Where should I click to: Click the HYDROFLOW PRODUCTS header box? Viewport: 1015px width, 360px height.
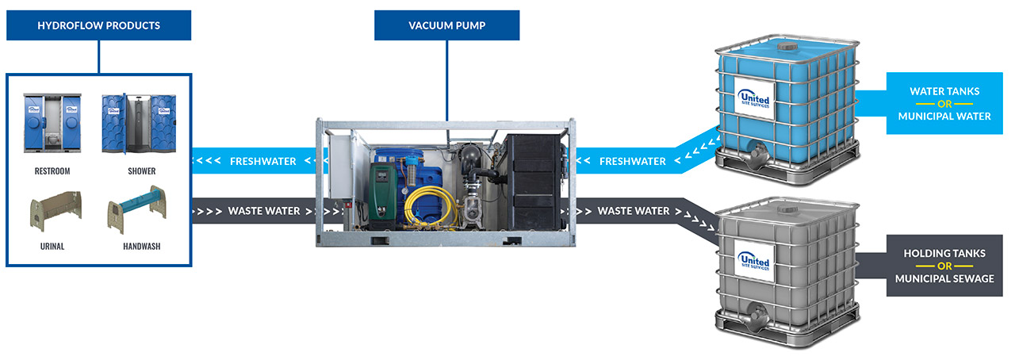pyautogui.click(x=99, y=25)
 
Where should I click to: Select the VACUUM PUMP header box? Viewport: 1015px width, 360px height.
pyautogui.click(x=446, y=25)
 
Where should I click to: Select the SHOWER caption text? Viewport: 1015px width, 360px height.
pyautogui.click(x=142, y=170)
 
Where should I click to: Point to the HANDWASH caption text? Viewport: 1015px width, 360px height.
pyautogui.click(x=142, y=247)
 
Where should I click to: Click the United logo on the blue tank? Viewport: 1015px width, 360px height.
pyautogui.click(x=753, y=98)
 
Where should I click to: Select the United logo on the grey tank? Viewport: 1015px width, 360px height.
pyautogui.click(x=753, y=260)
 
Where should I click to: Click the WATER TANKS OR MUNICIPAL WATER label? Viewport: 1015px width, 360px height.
pyautogui.click(x=944, y=104)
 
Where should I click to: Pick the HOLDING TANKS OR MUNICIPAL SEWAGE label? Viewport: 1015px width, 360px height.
pyautogui.click(x=944, y=266)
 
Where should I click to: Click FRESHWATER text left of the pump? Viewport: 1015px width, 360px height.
pyautogui.click(x=262, y=162)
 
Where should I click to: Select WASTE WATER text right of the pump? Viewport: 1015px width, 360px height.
pyautogui.click(x=634, y=211)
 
